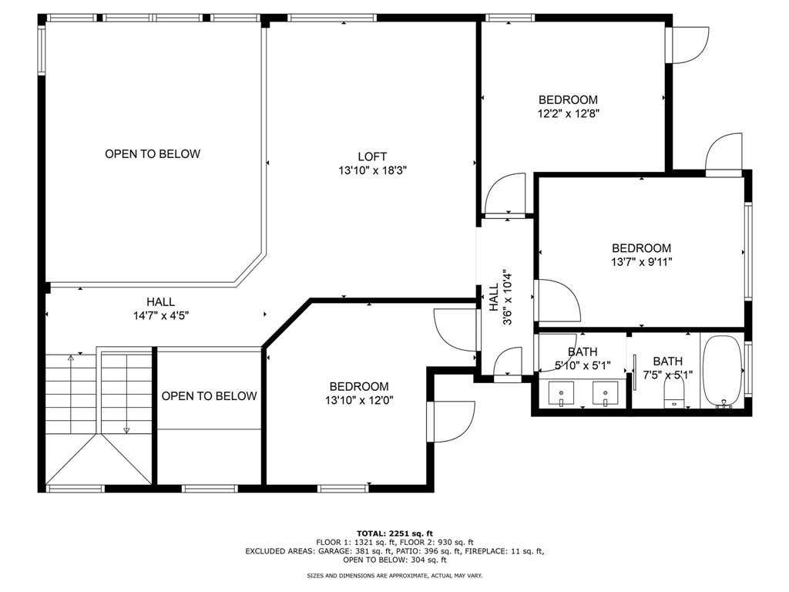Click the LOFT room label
tap(372, 156)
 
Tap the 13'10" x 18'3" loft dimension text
tap(372, 170)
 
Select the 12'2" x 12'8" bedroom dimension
tap(568, 113)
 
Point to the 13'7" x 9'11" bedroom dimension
tap(642, 262)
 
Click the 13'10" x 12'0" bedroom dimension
tap(359, 400)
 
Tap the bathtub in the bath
tap(723, 371)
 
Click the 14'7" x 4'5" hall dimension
tap(161, 315)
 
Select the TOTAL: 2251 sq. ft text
tap(395, 533)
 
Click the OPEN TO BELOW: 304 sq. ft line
tap(395, 560)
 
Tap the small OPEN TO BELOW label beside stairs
tap(210, 396)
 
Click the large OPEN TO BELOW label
tap(153, 153)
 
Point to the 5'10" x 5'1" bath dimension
tap(583, 365)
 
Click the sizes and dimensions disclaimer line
tap(395, 575)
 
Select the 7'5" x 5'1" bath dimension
tap(668, 375)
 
